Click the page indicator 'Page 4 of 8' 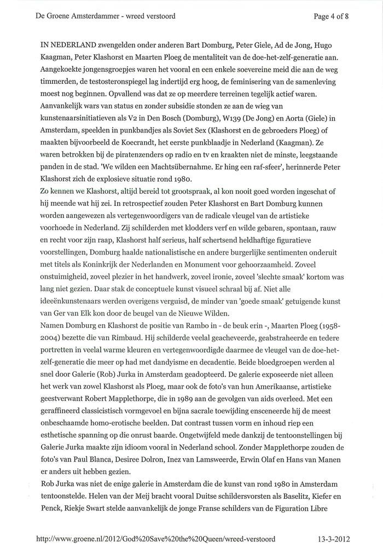coord(331,16)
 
